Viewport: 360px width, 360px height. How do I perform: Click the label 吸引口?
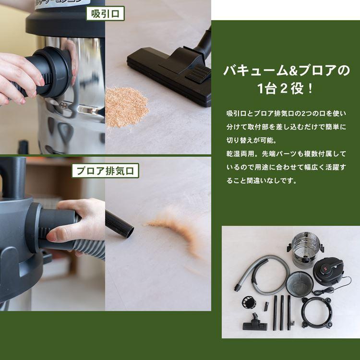[105, 13]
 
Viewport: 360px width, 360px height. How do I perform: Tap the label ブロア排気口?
[105, 170]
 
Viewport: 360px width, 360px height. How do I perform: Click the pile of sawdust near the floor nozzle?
[126, 106]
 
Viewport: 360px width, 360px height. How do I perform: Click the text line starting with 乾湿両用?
[292, 155]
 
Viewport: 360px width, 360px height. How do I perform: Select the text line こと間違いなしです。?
[262, 181]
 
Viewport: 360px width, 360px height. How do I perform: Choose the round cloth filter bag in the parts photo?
[300, 283]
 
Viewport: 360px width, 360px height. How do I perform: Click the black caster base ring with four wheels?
[316, 312]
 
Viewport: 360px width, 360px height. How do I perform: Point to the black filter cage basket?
[249, 304]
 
